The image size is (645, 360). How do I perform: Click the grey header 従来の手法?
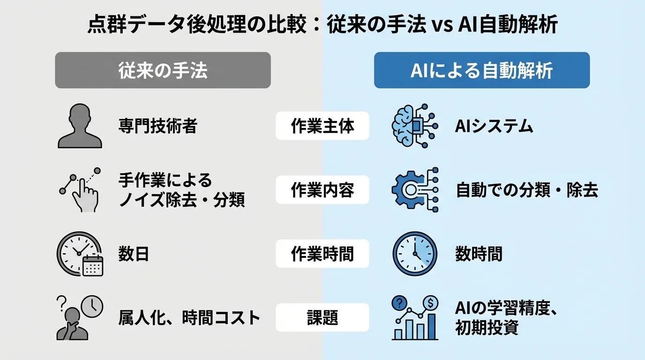click(x=163, y=70)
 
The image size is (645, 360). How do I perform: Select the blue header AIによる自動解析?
click(x=481, y=70)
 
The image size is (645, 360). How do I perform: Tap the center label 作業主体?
click(x=322, y=126)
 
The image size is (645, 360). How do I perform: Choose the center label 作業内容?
click(x=322, y=190)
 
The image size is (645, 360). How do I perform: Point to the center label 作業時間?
click(x=322, y=254)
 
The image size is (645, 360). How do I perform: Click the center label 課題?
click(x=322, y=318)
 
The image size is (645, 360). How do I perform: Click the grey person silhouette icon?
click(x=80, y=126)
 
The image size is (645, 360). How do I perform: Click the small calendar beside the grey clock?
click(x=92, y=265)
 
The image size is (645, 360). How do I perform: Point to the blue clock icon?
click(x=414, y=254)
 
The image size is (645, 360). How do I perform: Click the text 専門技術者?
click(x=157, y=126)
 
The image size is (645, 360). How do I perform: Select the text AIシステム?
click(x=494, y=126)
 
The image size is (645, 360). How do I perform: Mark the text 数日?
click(x=134, y=254)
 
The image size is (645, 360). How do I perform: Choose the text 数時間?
click(x=479, y=254)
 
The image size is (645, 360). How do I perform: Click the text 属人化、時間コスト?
click(x=189, y=318)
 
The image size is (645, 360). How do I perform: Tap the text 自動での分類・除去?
click(x=526, y=190)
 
